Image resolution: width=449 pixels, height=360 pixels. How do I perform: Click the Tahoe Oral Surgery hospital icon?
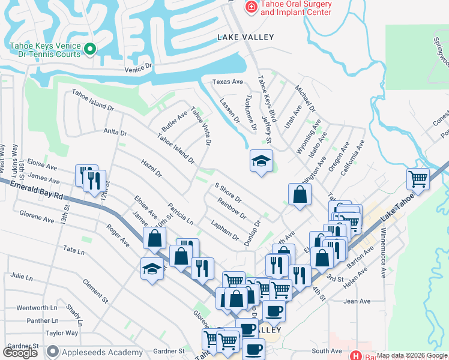[251, 7]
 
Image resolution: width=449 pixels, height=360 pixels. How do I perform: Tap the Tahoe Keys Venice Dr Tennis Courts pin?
[90, 49]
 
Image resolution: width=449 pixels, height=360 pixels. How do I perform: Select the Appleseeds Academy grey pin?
[53, 352]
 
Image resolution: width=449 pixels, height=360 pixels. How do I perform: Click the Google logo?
[20, 353]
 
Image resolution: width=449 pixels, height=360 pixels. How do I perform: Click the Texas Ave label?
[228, 82]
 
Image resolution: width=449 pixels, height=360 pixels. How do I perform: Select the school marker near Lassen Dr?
[261, 161]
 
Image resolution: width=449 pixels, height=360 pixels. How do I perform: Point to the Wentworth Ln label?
[37, 308]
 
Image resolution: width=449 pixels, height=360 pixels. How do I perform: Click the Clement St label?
[95, 291]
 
